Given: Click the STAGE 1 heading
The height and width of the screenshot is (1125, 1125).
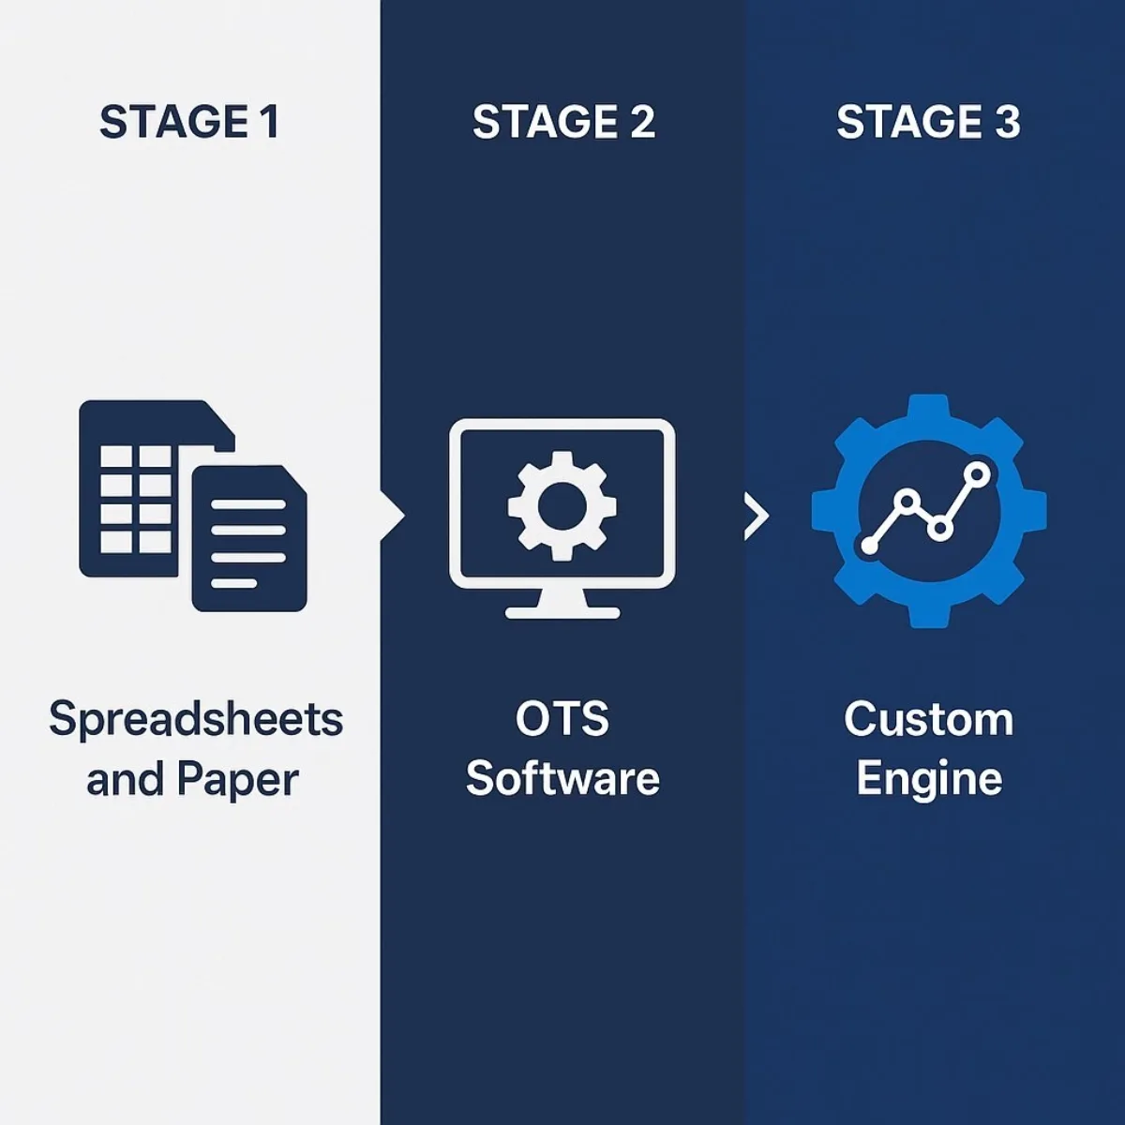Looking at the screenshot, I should (x=188, y=123).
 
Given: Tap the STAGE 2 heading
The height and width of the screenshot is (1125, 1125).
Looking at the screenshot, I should (x=563, y=123).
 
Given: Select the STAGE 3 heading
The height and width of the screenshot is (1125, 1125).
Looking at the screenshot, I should (x=928, y=123).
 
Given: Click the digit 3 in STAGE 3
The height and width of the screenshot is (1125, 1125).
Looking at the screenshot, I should (x=1007, y=123).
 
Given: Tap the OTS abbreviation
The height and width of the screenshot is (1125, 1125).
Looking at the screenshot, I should (x=562, y=719).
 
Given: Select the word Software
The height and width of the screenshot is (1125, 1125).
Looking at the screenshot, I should (x=562, y=779).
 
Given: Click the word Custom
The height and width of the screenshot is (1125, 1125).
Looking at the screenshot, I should (x=928, y=719).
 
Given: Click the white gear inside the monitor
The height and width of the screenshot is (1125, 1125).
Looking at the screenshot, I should (x=562, y=505).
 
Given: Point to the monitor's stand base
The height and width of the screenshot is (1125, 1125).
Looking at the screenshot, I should (x=562, y=612).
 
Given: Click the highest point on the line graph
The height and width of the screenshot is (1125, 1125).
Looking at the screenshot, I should (x=977, y=474).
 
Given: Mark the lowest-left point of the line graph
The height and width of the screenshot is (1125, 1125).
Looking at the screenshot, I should (x=870, y=545).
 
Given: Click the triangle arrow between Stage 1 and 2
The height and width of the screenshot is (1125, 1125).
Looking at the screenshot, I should (x=393, y=515).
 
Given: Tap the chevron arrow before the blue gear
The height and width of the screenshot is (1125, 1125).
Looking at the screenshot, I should (x=757, y=515).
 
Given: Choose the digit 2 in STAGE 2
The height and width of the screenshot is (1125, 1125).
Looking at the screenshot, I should (x=642, y=123).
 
